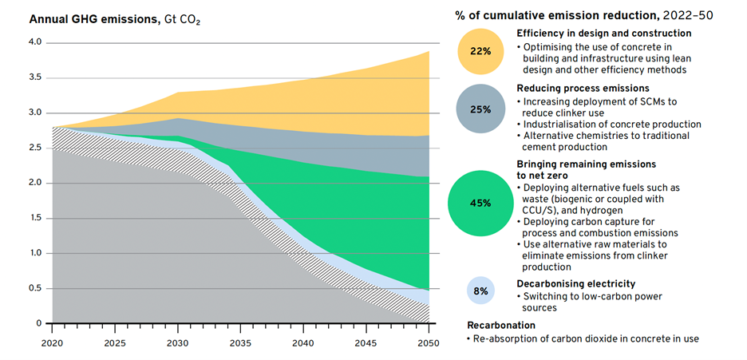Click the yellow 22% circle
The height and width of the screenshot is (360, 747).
480,50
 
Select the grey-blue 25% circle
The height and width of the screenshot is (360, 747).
480,109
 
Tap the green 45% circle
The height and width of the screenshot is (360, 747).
480,203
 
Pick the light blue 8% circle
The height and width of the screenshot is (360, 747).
480,291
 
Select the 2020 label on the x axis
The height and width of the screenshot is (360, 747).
52,343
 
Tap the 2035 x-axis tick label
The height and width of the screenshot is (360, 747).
241,343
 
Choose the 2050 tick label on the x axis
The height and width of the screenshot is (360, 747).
429,343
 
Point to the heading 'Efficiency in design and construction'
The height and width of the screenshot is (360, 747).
603,34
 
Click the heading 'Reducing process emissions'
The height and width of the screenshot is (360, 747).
582,88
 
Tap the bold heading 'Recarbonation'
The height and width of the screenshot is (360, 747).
501,326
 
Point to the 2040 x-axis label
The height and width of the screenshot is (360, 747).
304,343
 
